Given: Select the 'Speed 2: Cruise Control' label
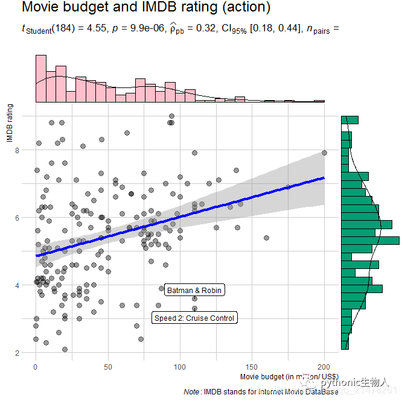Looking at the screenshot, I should [194, 318].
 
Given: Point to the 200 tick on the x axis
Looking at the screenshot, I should [324, 366].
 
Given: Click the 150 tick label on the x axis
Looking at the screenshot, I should [252, 366].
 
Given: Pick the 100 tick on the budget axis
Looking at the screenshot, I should [180, 366].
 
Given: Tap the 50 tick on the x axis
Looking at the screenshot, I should [108, 366].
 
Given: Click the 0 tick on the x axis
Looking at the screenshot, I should [36, 366].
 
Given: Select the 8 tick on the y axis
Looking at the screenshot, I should [18, 150].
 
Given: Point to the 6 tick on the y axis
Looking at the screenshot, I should [18, 218].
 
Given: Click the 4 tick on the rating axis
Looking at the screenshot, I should [18, 285].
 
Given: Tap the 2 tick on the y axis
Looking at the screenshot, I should [18, 353].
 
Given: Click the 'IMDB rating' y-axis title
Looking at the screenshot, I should [10, 123].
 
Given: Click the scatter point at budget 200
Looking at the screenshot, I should [324, 153].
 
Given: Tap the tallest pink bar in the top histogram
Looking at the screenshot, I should [41, 79].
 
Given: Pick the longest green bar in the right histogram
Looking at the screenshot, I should [370, 241].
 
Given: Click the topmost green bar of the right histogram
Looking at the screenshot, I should [349, 120].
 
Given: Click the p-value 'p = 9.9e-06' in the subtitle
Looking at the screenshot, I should [137, 28].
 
